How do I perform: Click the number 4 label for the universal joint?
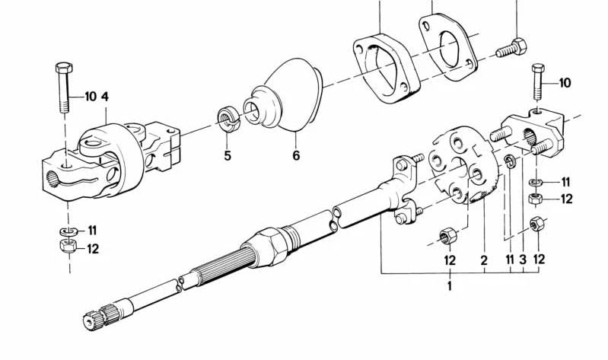coord(105,97)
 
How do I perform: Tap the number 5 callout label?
coord(227,156)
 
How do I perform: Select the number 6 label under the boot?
coord(296,156)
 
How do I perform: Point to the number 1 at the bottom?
coord(450,287)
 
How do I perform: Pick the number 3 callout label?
coord(523,261)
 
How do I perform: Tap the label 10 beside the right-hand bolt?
coord(565,82)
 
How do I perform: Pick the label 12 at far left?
coord(92,248)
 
